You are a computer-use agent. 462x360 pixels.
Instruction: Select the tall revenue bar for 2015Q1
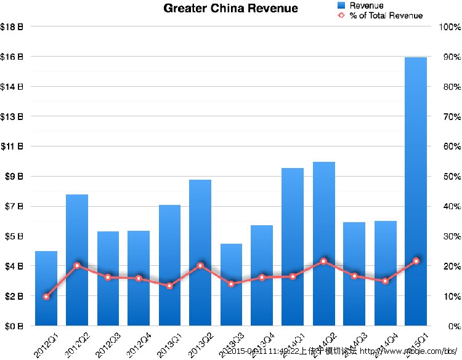tap(416, 191)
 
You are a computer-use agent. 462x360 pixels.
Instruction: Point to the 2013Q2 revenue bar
tap(200, 252)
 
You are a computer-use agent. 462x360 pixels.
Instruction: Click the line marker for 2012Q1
tap(46, 297)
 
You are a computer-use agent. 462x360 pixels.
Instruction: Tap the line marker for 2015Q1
tap(416, 261)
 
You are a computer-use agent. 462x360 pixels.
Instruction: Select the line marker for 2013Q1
tap(169, 286)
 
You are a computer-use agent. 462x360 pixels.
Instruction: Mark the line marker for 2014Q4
tap(385, 281)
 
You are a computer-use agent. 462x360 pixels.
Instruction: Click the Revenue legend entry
tap(361, 6)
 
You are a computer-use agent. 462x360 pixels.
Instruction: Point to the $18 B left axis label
tap(12, 27)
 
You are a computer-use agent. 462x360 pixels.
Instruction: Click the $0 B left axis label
tap(12, 326)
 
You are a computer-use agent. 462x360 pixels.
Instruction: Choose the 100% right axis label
tap(448, 27)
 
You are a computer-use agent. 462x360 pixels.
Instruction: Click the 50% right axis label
tap(448, 177)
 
